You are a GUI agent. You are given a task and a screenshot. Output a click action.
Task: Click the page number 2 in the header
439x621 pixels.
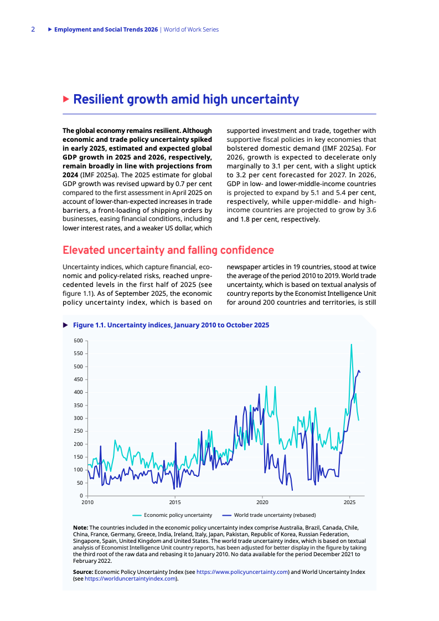[33, 29]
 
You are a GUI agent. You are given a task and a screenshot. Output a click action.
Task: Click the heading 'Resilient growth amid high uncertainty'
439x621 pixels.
[186, 100]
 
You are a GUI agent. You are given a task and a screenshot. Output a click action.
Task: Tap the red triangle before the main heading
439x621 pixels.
[66, 100]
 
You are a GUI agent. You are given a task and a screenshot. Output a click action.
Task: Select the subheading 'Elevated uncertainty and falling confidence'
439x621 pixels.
[168, 250]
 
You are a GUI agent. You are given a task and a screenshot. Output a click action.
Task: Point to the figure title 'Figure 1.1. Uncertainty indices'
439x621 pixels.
[171, 325]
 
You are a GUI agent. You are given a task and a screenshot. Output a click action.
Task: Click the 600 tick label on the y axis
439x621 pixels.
[78, 341]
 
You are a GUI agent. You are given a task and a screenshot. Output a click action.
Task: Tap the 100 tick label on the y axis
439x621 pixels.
[78, 470]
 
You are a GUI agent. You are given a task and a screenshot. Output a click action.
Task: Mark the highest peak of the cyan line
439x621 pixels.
[351, 345]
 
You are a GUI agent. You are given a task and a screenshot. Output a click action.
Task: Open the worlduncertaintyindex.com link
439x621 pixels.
[130, 578]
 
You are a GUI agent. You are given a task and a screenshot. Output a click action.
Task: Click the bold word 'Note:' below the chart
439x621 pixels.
[80, 527]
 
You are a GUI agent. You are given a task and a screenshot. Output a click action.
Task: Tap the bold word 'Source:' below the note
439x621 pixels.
[83, 571]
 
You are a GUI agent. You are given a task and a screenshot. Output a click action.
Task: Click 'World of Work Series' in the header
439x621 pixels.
[192, 29]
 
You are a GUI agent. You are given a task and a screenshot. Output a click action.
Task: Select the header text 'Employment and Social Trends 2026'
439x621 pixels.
[106, 29]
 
